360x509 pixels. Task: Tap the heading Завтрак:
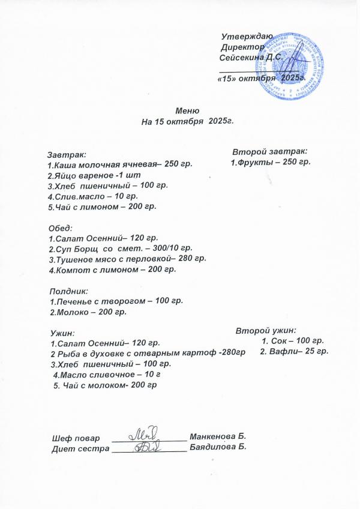67,155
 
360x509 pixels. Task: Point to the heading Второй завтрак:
270,151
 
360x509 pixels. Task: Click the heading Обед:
60,228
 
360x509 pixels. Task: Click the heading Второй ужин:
266,330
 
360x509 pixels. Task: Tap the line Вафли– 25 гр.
294,351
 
